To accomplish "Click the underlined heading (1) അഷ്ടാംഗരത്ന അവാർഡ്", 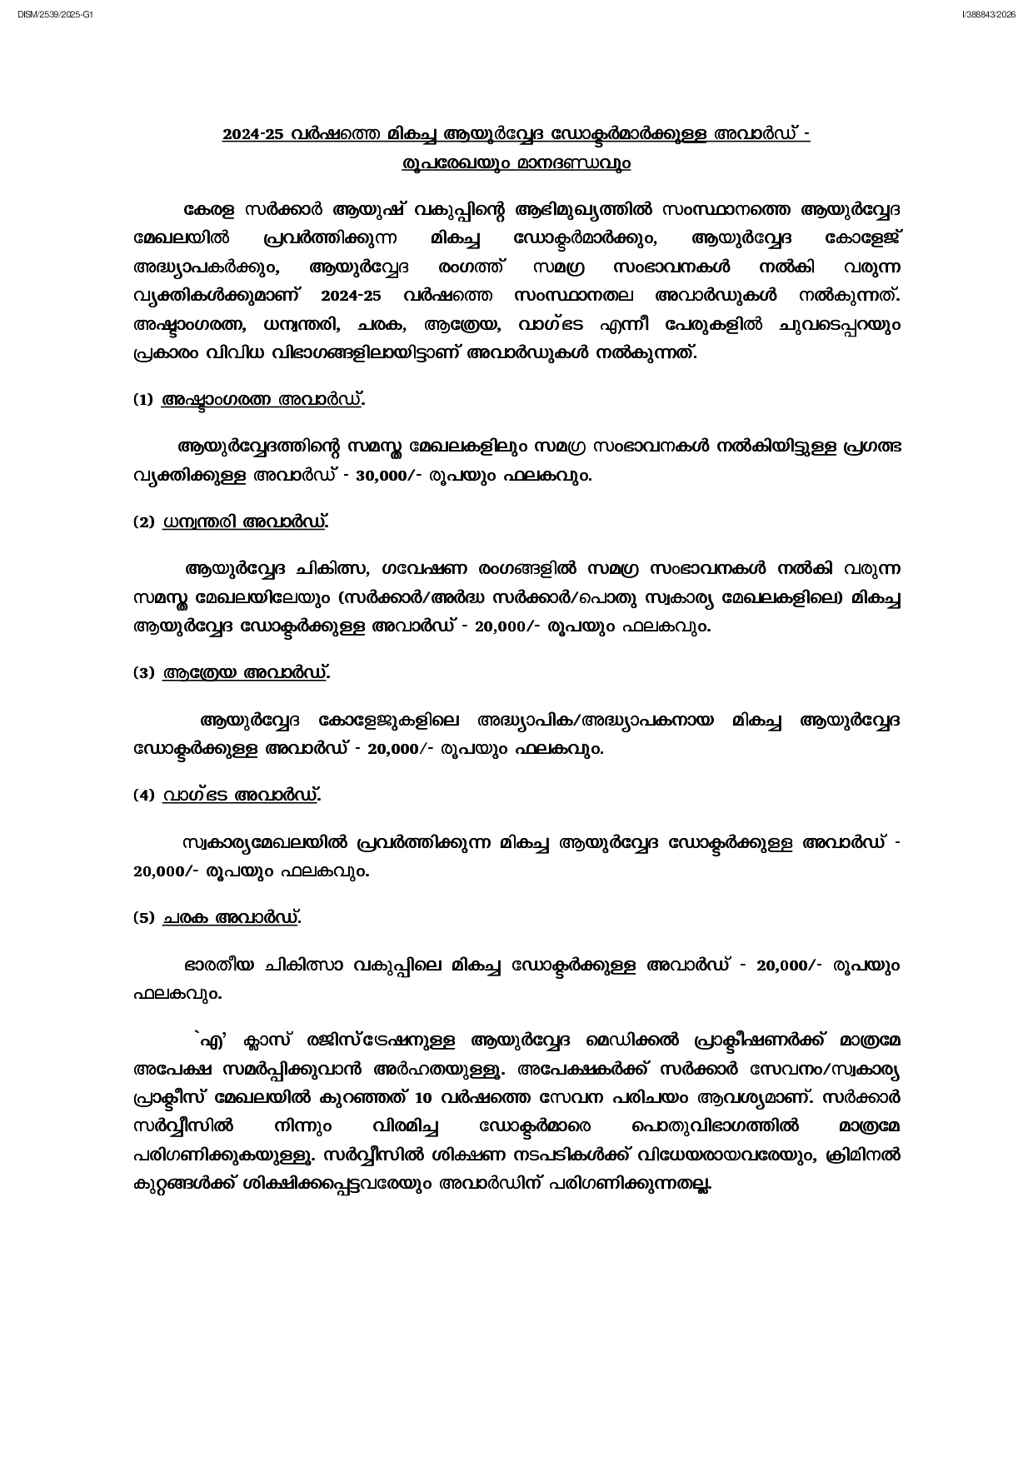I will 249,400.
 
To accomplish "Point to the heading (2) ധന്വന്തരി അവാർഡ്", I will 231,522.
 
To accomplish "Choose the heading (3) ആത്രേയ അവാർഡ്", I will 232,672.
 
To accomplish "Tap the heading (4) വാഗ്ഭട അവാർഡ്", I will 227,795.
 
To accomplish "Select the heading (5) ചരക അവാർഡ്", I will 217,918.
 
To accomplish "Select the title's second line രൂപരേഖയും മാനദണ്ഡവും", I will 516,163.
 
